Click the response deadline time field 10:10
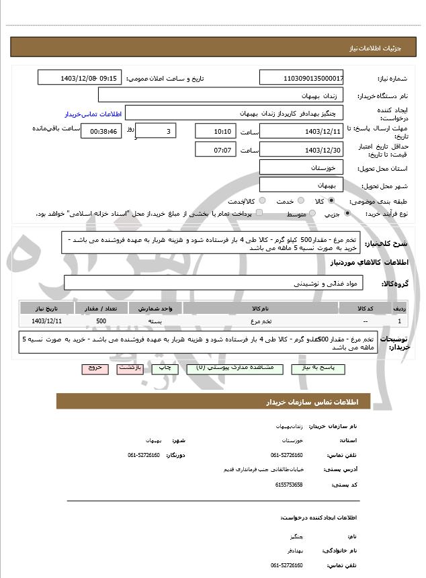click(216, 130)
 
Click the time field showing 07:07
click(216, 149)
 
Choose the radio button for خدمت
click(300, 201)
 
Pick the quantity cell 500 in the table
click(101, 321)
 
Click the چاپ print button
click(164, 368)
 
